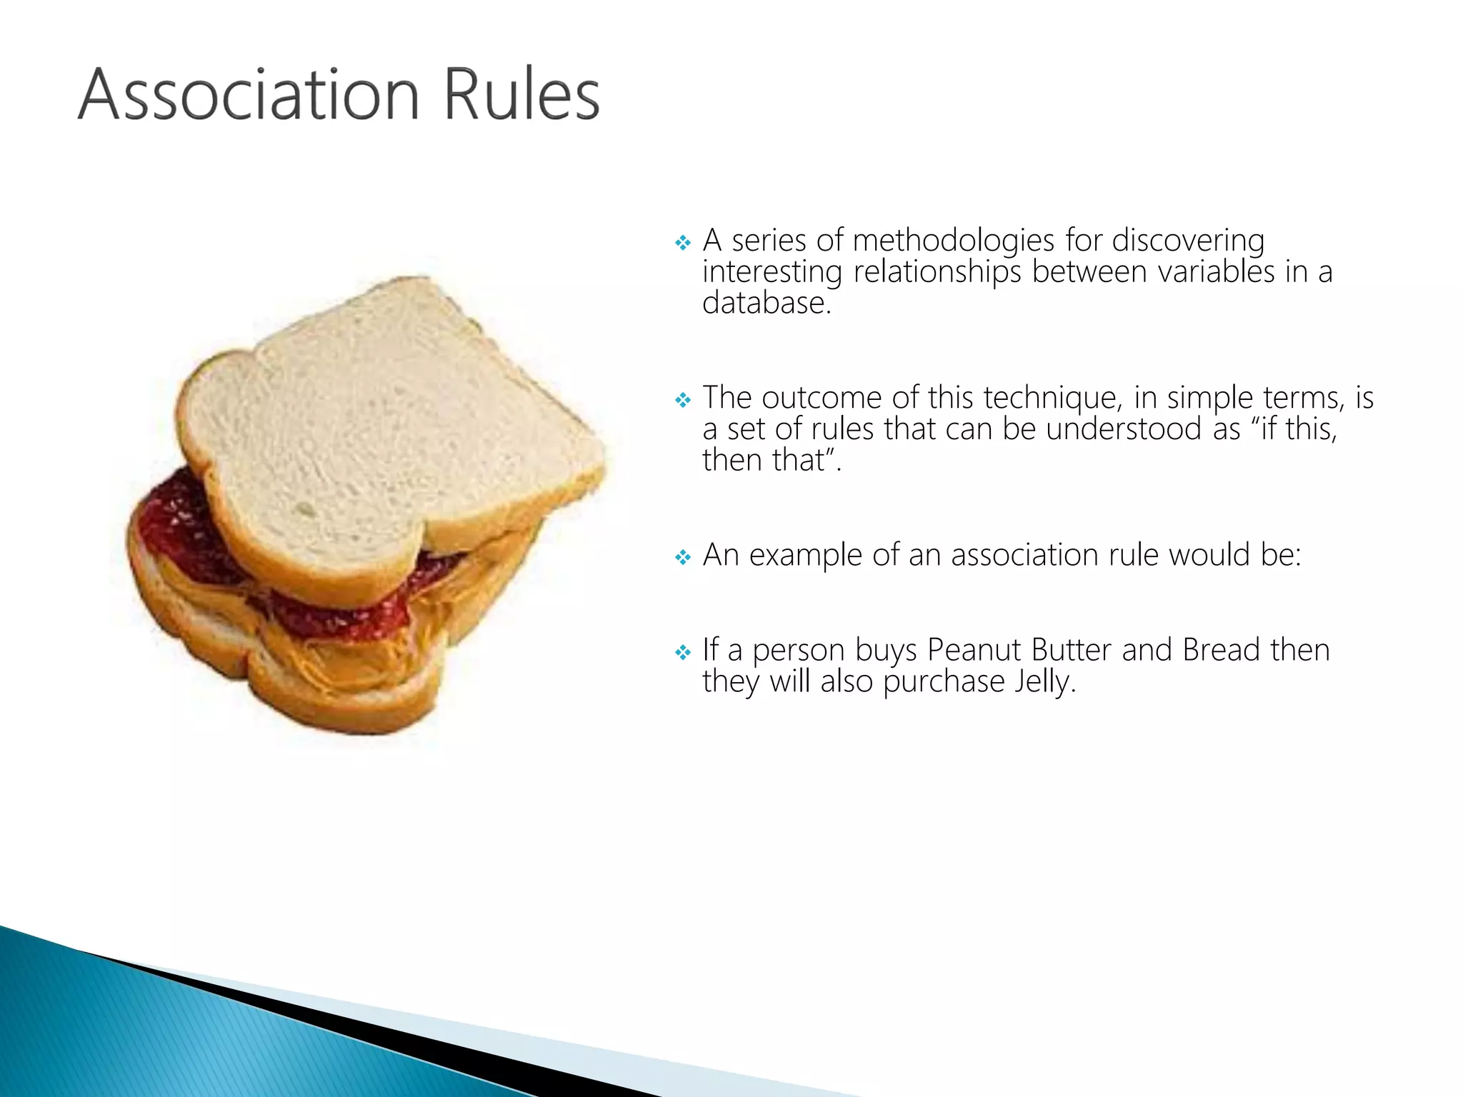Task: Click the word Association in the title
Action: click(x=249, y=94)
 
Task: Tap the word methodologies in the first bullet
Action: click(x=953, y=241)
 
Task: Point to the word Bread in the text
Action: click(x=1220, y=650)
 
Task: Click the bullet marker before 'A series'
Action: click(x=683, y=243)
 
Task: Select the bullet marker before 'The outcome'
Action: click(x=683, y=400)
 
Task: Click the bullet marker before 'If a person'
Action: click(x=683, y=652)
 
